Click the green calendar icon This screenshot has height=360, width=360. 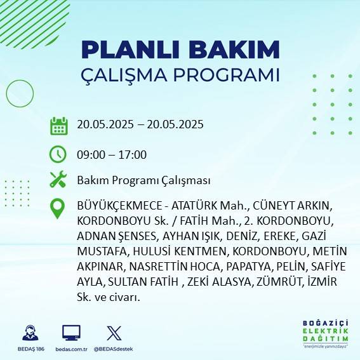coord(58,125)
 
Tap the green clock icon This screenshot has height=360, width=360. coord(58,154)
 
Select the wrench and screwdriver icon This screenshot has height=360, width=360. coord(58,180)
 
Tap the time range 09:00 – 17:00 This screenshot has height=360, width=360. coord(111,154)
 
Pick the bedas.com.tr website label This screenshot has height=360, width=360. coord(71,349)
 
